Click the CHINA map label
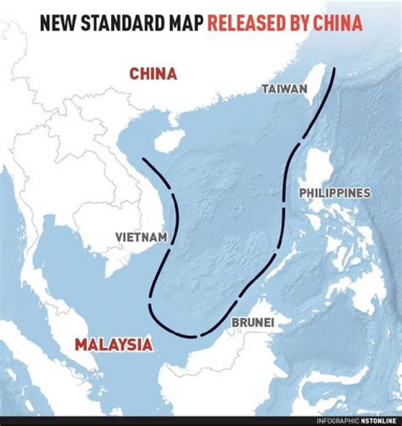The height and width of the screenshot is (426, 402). [x=153, y=74]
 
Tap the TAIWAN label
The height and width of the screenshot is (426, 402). [x=285, y=89]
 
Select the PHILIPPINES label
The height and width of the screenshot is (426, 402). [x=334, y=193]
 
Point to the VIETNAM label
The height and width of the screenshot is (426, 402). [x=141, y=237]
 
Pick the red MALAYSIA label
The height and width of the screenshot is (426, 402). [x=113, y=344]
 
